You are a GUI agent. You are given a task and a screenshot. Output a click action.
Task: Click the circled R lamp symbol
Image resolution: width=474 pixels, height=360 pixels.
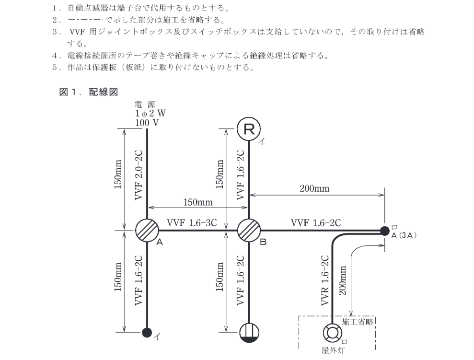pos(248,129)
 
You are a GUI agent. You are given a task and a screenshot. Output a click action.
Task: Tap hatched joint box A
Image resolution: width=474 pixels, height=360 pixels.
pos(147,230)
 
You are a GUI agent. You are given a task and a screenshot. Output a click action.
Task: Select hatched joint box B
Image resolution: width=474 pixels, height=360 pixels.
pos(249,230)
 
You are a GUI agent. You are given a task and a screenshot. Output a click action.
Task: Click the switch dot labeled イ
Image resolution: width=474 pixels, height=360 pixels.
pos(147,333)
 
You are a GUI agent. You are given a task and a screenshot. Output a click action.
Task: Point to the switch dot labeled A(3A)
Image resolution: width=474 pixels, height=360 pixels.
pos(384,231)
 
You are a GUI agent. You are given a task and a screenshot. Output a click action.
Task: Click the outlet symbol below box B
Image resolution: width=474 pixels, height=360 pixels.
pos(249,333)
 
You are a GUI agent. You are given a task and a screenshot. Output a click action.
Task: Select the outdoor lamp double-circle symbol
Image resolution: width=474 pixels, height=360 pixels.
pos(333,333)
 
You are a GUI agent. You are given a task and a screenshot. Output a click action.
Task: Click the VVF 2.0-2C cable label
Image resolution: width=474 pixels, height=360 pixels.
pos(139,174)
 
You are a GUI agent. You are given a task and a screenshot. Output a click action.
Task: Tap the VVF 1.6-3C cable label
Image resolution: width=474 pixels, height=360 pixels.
pos(192,223)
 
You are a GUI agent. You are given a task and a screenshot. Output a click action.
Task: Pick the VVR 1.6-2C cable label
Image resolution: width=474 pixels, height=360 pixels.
pos(324,280)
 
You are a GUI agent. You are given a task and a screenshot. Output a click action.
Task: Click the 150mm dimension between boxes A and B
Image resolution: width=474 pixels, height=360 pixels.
pos(198,202)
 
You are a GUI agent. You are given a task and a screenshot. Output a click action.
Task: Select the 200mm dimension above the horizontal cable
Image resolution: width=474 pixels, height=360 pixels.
pos(314,188)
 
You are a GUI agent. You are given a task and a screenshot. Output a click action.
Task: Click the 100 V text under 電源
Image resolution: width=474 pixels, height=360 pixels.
pos(147,123)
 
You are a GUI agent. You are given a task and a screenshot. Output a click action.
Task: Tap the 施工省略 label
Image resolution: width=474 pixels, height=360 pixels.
pos(358,322)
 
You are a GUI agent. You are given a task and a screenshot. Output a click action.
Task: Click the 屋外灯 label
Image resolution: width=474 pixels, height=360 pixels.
pos(333,350)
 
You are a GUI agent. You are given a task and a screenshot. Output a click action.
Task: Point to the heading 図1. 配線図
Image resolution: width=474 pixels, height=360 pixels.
pos(88,92)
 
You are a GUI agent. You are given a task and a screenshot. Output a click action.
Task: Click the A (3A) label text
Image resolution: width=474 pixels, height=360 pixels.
pos(404,235)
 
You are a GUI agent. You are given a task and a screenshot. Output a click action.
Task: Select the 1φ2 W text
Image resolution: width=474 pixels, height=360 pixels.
pos(150,114)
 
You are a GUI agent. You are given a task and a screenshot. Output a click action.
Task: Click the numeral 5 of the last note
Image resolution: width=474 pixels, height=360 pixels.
pos(55,67)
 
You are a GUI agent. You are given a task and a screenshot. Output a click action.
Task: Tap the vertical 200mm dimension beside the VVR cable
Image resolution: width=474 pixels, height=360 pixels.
pos(343,280)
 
